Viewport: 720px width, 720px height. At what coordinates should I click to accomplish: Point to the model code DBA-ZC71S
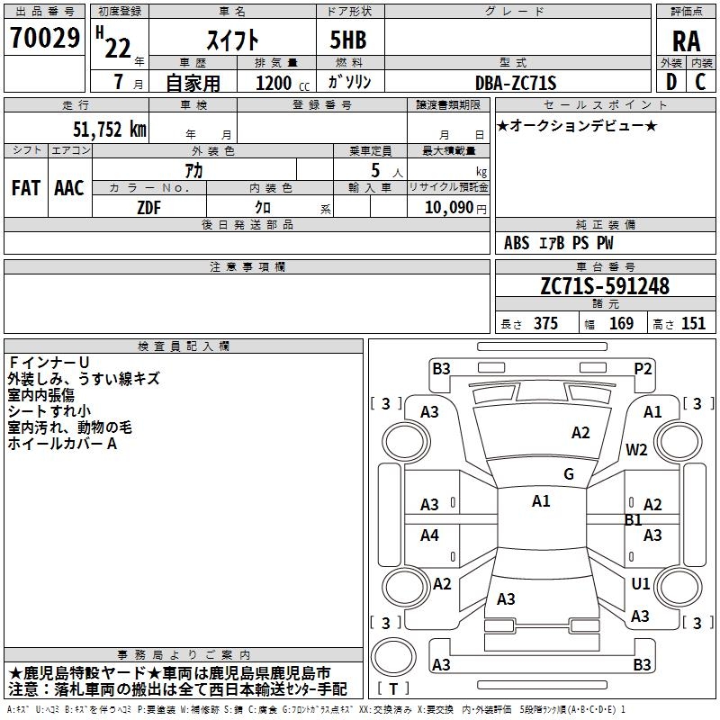click(516, 83)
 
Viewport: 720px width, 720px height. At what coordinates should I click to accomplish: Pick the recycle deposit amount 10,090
click(449, 206)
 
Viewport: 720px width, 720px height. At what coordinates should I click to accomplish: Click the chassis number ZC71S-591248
click(605, 286)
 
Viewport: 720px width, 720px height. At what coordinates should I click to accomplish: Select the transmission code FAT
click(25, 188)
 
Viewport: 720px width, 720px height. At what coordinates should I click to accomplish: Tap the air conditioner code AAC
click(69, 188)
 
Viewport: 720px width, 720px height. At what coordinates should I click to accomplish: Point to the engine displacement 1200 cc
click(274, 83)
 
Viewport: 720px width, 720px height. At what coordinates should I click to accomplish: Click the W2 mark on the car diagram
click(637, 450)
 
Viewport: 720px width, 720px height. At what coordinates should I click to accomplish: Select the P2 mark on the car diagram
click(643, 367)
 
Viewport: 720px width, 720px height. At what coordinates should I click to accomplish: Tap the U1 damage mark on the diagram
click(640, 584)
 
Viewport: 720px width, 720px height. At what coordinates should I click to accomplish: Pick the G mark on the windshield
click(569, 474)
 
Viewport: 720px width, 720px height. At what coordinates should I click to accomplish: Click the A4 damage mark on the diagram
click(430, 535)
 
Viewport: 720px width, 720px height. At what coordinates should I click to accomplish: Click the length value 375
click(545, 324)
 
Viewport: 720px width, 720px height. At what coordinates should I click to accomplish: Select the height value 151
click(693, 324)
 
